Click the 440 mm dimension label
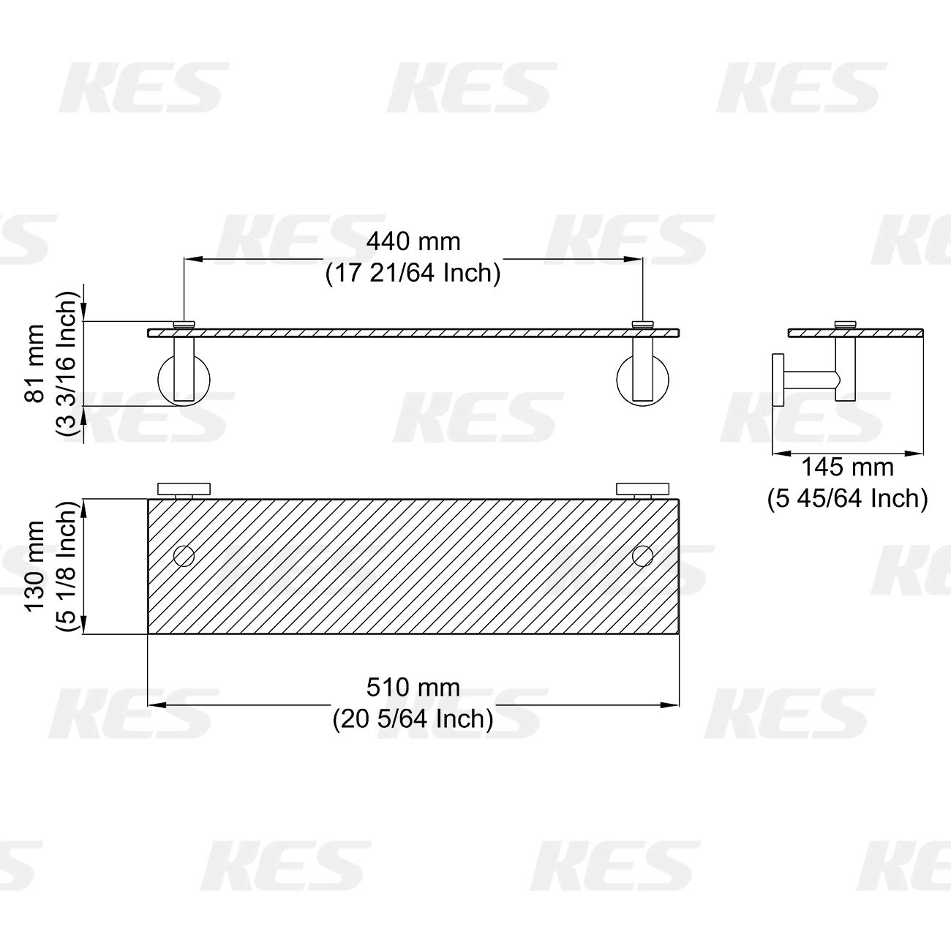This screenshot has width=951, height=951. pos(413,241)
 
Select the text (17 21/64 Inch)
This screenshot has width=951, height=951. pos(413,274)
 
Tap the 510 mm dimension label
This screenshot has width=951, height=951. pos(413,688)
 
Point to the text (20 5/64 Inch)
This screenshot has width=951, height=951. pos(413,720)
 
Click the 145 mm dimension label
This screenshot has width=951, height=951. pos(847,467)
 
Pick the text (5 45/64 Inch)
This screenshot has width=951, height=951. pos(847,499)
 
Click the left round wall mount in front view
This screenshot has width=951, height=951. pos(184,378)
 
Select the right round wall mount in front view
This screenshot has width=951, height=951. pos(642,378)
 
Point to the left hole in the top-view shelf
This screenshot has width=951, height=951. pos(184,556)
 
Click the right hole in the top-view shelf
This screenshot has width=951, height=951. pos(642,556)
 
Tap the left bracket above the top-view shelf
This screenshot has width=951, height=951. pos(184,489)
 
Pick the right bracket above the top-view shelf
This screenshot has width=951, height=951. pos(642,489)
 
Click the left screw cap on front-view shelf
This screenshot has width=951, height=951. pos(184,323)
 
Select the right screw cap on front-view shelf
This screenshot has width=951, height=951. pos(642,323)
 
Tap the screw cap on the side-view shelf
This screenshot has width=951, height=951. pos(846,323)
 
